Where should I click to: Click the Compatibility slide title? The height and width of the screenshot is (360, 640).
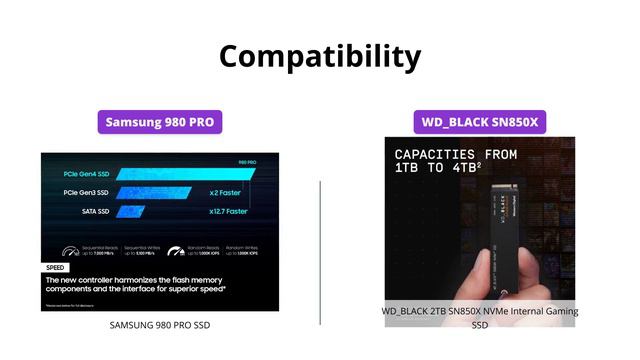[320, 55]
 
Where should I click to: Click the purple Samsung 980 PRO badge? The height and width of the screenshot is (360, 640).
[160, 123]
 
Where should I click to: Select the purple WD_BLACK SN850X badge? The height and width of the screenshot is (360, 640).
[480, 123]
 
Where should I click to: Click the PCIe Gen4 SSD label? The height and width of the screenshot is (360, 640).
[87, 174]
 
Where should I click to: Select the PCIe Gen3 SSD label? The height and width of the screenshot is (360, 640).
[87, 192]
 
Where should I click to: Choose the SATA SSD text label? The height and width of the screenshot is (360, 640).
[96, 211]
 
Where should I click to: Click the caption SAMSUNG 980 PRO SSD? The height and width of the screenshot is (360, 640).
[160, 325]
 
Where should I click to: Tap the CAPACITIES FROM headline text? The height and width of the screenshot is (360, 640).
[455, 155]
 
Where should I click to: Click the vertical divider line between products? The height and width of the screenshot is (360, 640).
[320, 250]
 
